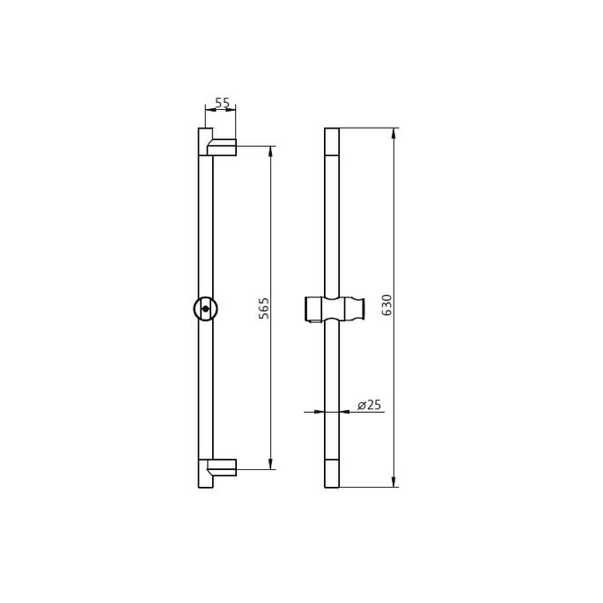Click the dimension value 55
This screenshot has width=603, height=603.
coord(222,103)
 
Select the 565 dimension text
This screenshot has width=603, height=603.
coord(262,308)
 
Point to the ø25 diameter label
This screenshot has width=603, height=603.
coord(368,405)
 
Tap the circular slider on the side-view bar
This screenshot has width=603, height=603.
coord(204,309)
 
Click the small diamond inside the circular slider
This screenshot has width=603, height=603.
coord(203,309)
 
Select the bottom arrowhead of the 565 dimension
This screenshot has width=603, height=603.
coord(270,466)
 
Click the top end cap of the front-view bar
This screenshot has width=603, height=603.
coord(331,141)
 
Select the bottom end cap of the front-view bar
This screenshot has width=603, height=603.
coord(331,474)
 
